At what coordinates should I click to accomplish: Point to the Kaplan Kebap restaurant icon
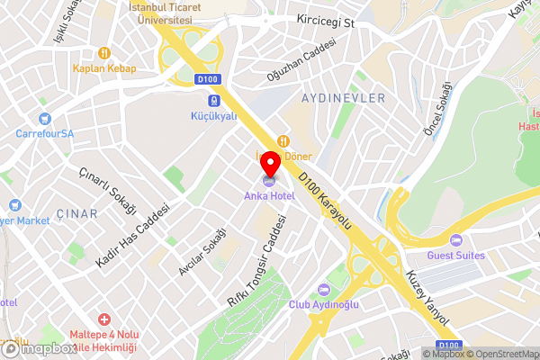pos(105,52)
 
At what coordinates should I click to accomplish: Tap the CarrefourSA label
pos(45,133)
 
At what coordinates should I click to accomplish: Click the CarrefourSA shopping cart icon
pos(45,118)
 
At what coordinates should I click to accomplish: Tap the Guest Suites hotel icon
pos(456,240)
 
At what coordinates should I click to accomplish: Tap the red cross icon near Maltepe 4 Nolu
pos(105,319)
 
